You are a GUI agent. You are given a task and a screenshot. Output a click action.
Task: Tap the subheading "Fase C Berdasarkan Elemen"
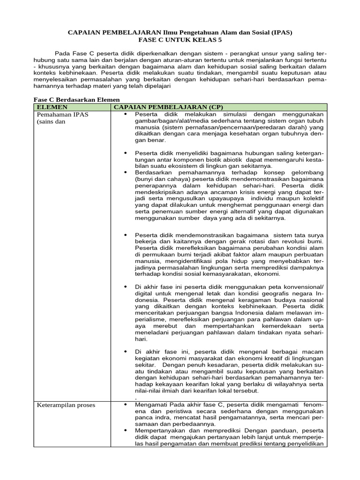click(77, 99)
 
